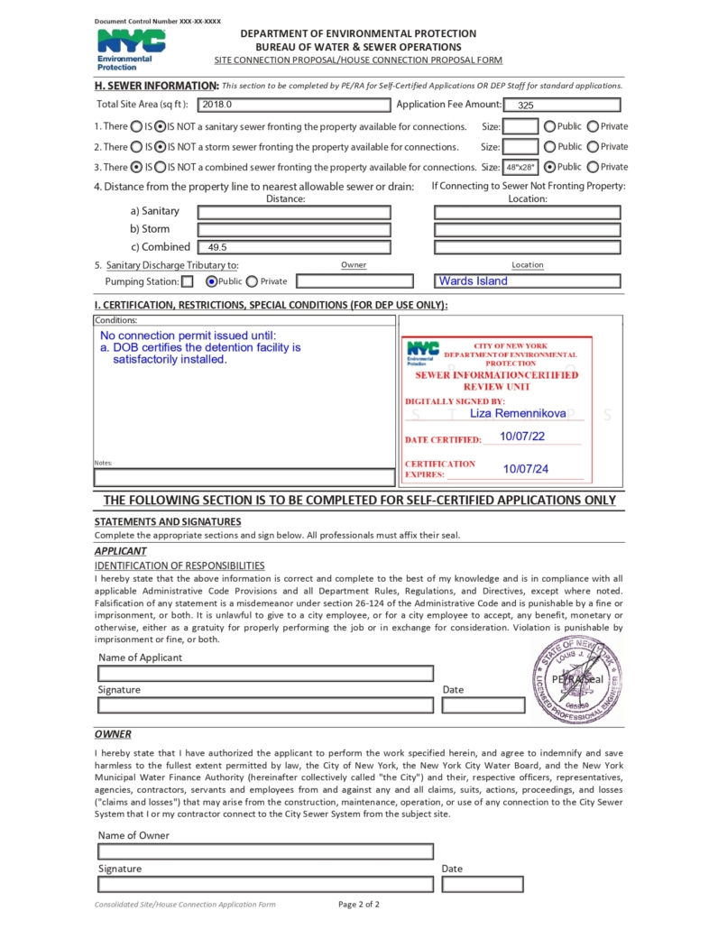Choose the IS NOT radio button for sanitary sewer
[x=160, y=126]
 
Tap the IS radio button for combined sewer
[x=136, y=167]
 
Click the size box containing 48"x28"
[x=520, y=167]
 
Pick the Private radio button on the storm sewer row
[x=593, y=146]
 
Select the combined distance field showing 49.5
[x=294, y=246]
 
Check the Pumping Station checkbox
[x=187, y=281]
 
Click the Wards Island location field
[x=528, y=281]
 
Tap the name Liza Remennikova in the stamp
[x=518, y=413]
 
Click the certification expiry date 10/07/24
[x=526, y=469]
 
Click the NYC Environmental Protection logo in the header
[x=131, y=50]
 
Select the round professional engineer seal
[x=576, y=679]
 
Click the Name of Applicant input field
[x=265, y=673]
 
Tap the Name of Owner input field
[x=265, y=851]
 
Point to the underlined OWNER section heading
[x=113, y=734]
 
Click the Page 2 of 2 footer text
[x=358, y=904]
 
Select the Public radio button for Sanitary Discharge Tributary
[x=212, y=281]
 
